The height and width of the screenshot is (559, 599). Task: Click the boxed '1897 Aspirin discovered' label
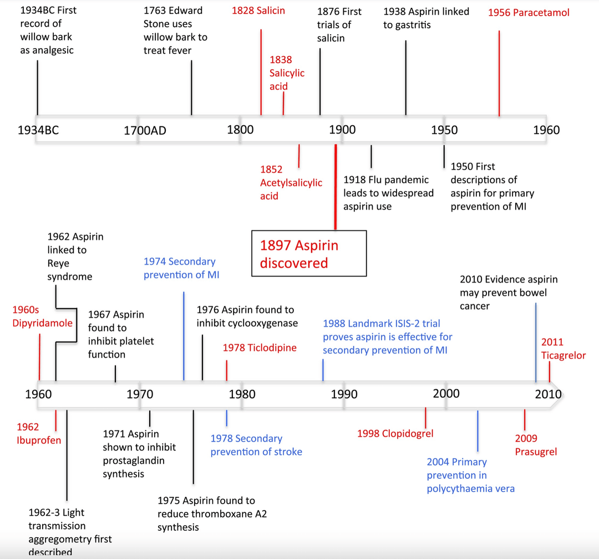point(309,254)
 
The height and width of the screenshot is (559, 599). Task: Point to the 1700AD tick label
point(145,131)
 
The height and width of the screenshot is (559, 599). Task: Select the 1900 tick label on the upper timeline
point(342,130)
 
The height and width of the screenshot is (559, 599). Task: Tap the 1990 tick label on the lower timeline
point(344,394)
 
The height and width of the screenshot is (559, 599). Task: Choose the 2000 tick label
point(446,393)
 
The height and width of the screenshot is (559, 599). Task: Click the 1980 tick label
point(242,394)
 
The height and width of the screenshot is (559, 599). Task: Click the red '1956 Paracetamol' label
point(528,12)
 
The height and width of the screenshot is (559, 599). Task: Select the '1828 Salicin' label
point(258,11)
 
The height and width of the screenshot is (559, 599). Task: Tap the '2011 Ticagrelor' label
point(563,349)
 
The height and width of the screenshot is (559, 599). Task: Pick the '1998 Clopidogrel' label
point(395,433)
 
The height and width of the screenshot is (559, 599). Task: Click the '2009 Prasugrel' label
point(536,445)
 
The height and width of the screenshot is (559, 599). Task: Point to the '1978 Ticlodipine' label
point(260,348)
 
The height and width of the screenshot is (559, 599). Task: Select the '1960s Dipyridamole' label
point(42,316)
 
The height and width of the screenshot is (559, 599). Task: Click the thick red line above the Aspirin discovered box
point(335,186)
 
